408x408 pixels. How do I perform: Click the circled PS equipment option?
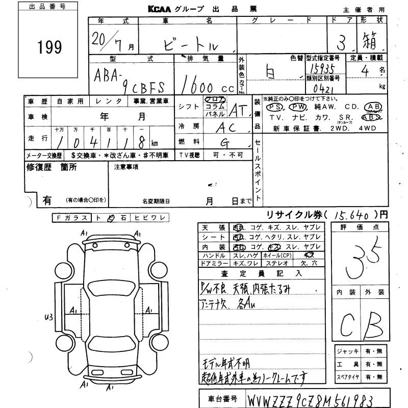275,107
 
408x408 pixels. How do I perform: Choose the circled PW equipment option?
298,107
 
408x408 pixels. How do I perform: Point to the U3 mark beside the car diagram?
49,317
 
